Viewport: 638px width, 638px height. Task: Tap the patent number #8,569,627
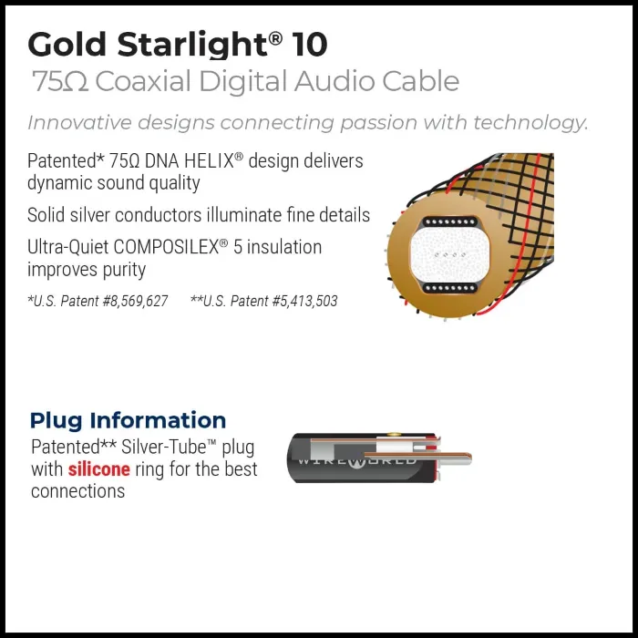(132, 301)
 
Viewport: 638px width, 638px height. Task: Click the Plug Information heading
(128, 420)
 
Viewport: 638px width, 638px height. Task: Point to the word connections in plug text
(77, 491)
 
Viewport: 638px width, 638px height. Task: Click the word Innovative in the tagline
(71, 123)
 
